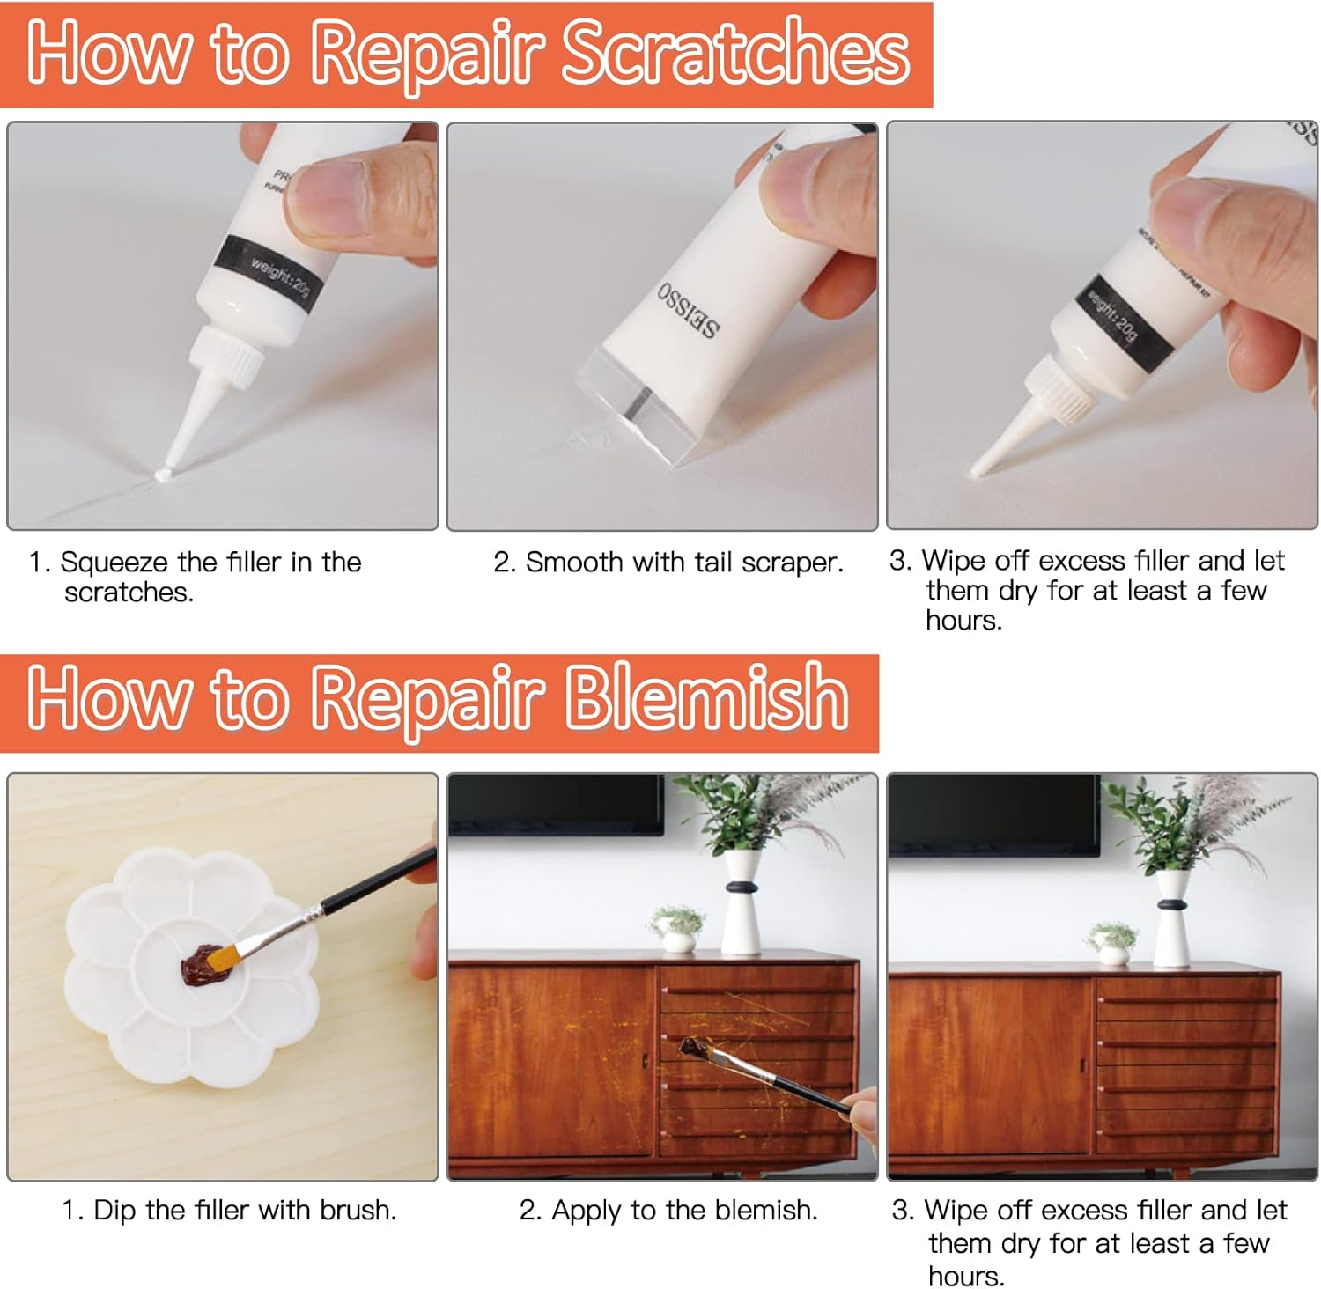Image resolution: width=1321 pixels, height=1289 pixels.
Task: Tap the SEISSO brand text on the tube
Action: (688, 311)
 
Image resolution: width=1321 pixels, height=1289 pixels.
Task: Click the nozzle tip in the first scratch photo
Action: (164, 474)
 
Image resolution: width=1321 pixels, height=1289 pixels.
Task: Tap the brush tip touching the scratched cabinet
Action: (694, 1047)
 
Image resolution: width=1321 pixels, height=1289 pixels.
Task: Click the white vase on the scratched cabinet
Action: (742, 907)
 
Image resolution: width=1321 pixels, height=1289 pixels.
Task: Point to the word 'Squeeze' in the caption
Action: (114, 563)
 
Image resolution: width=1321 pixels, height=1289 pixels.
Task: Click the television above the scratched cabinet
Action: (556, 804)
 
